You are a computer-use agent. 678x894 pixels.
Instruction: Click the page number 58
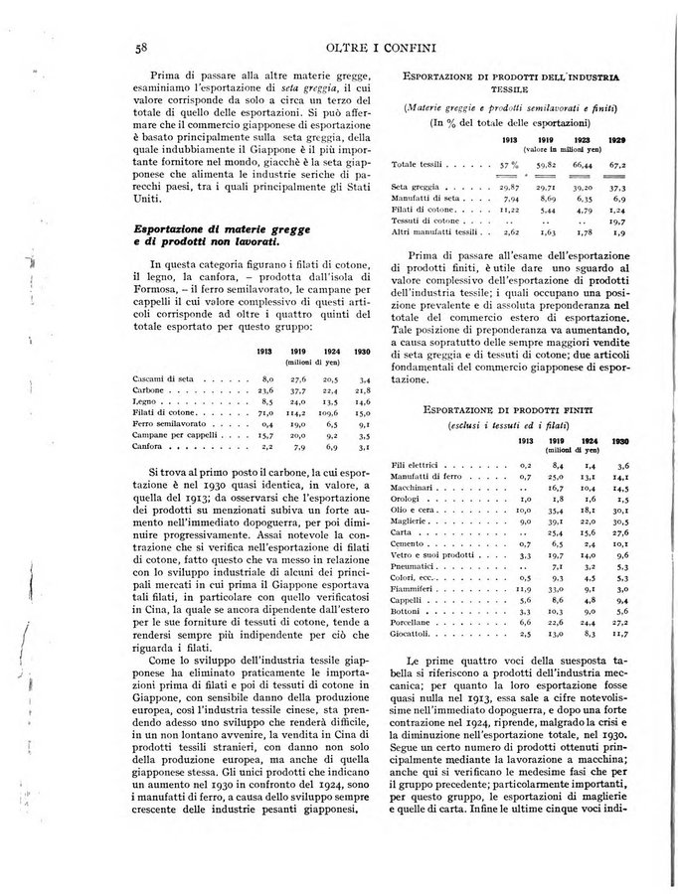(142, 46)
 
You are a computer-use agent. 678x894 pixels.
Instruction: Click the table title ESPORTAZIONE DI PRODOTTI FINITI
(507, 408)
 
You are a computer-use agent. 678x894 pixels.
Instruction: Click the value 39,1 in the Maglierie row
(553, 521)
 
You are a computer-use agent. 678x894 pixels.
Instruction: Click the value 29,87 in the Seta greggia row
(507, 187)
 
